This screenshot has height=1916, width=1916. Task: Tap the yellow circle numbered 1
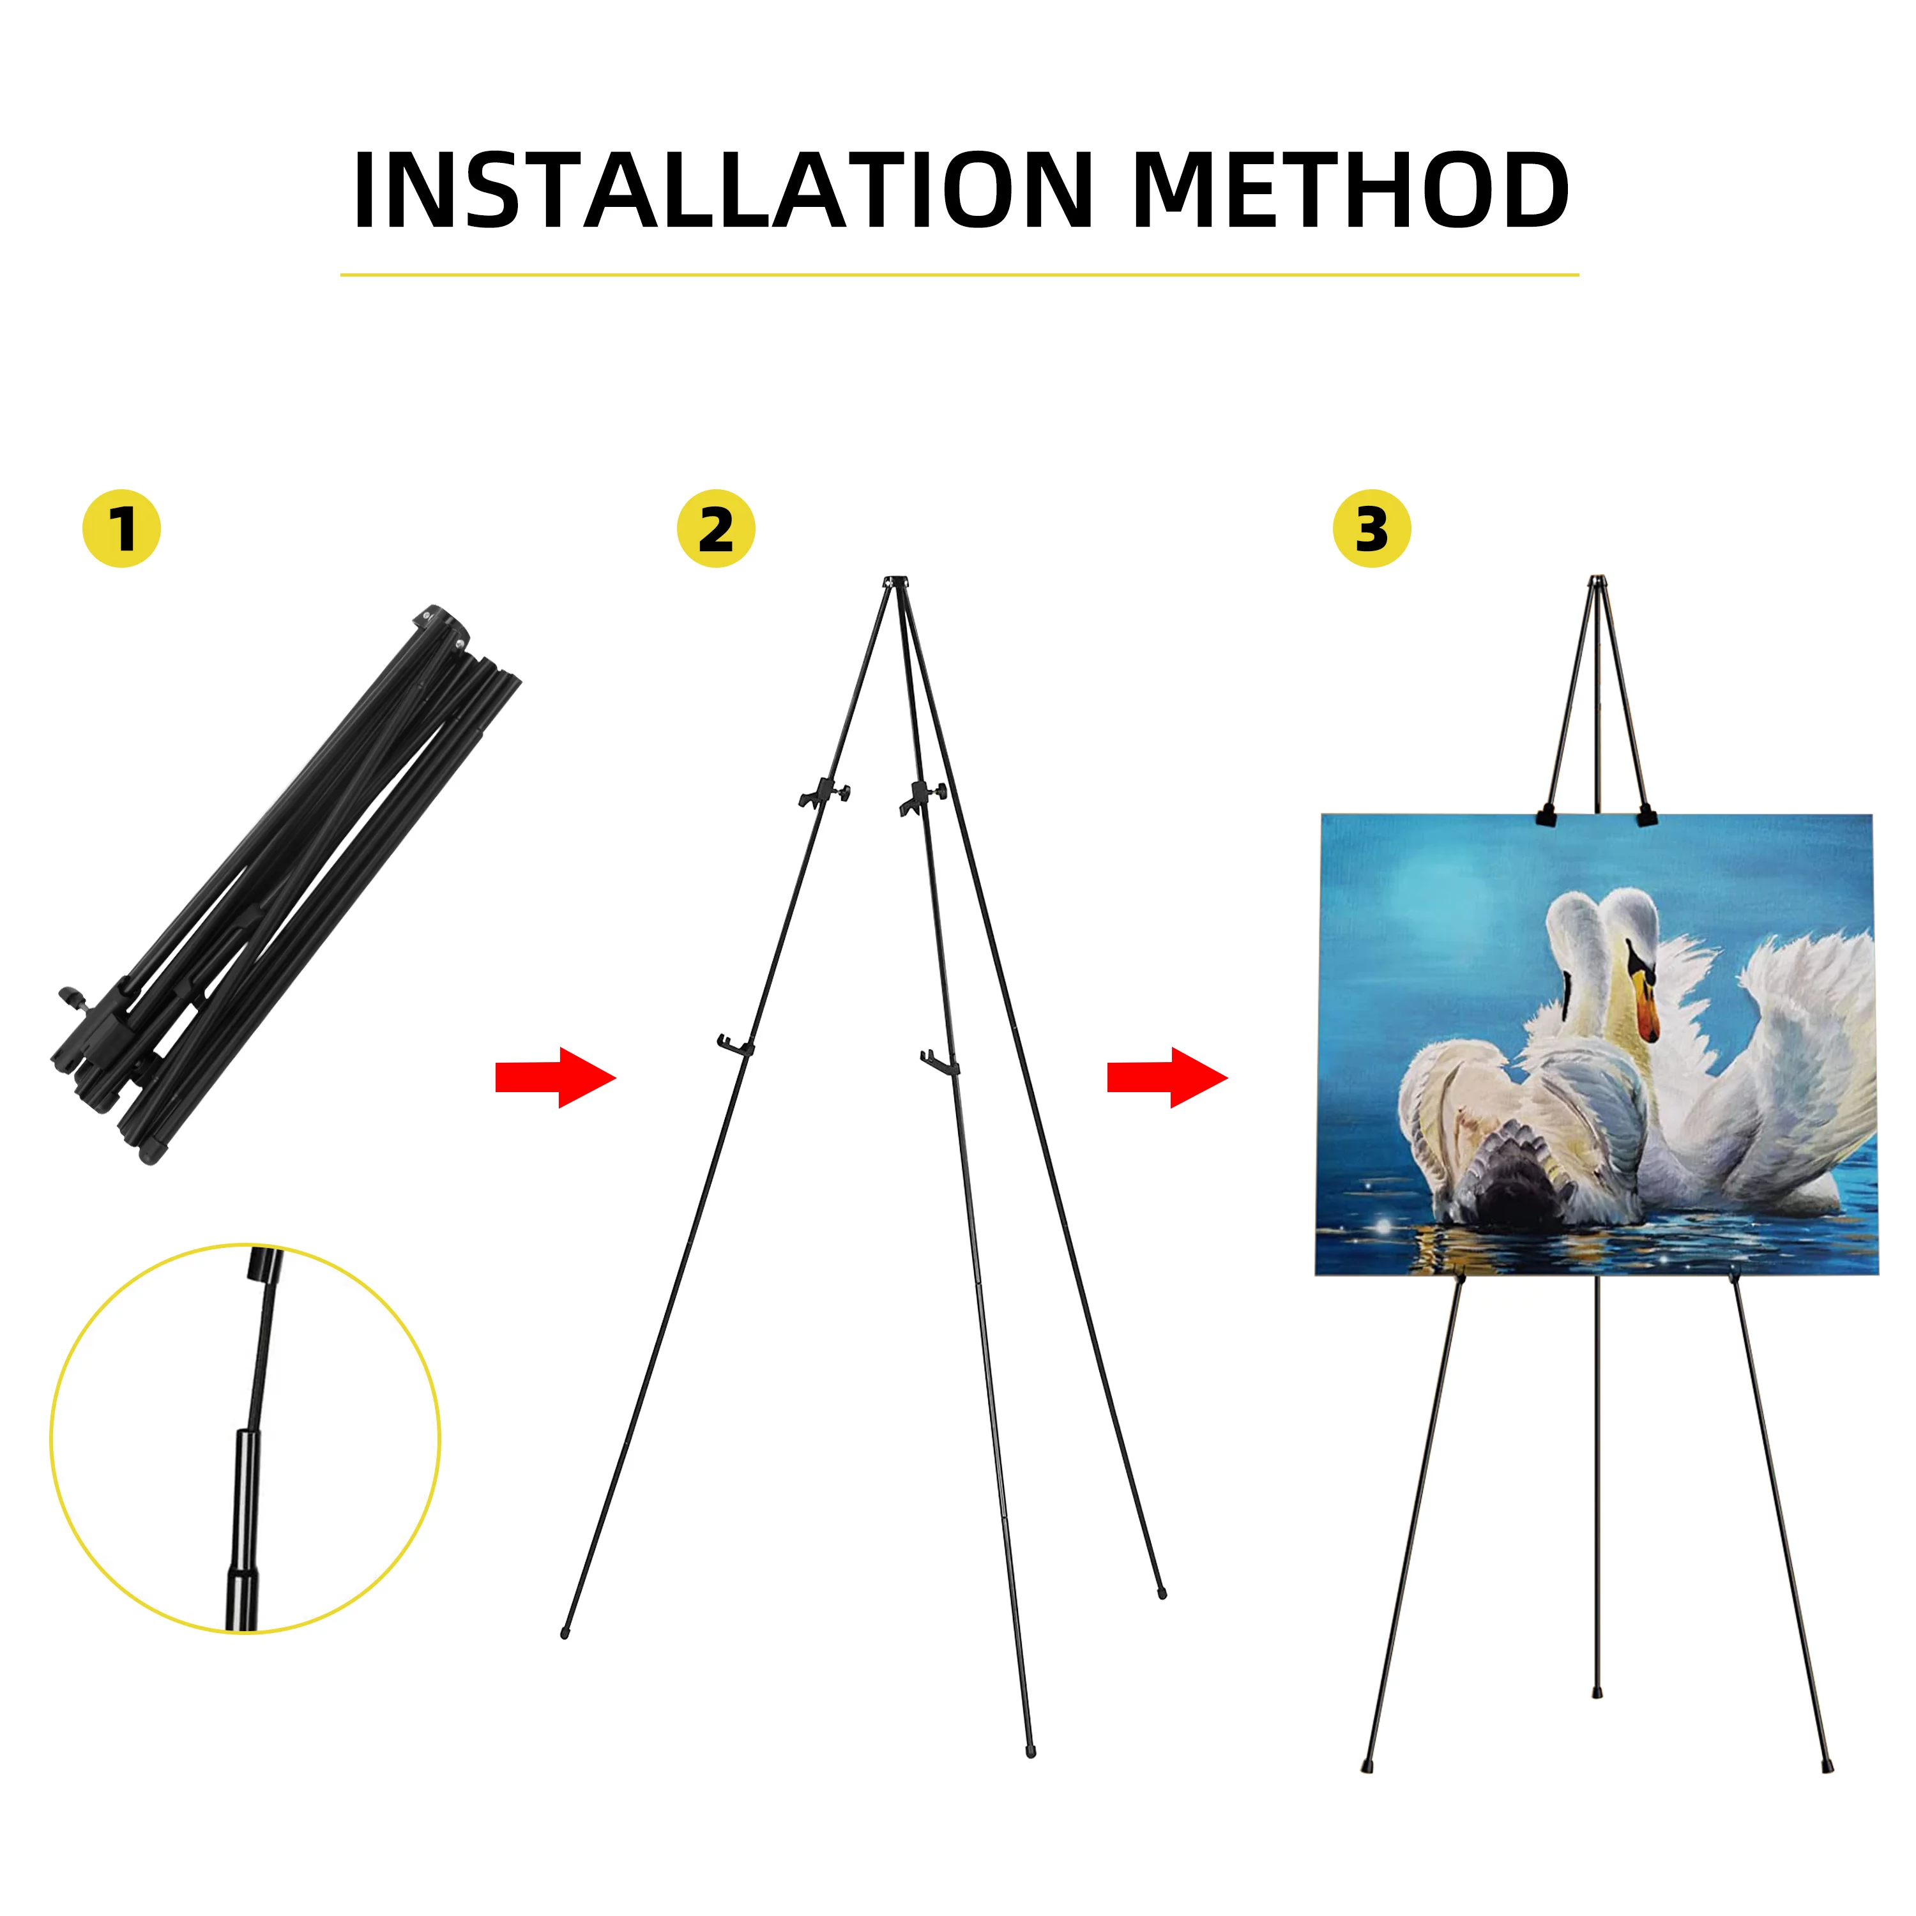(121, 529)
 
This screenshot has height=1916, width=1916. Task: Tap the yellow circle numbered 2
(716, 529)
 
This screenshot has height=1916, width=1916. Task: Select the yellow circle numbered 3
(1372, 529)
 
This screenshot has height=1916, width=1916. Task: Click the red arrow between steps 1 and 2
(556, 1077)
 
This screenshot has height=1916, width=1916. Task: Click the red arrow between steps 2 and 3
(1167, 1077)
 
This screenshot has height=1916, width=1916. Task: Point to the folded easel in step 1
(285, 883)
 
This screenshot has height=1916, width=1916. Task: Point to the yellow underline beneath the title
(959, 275)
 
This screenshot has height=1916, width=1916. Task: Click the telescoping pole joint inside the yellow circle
(246, 1433)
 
